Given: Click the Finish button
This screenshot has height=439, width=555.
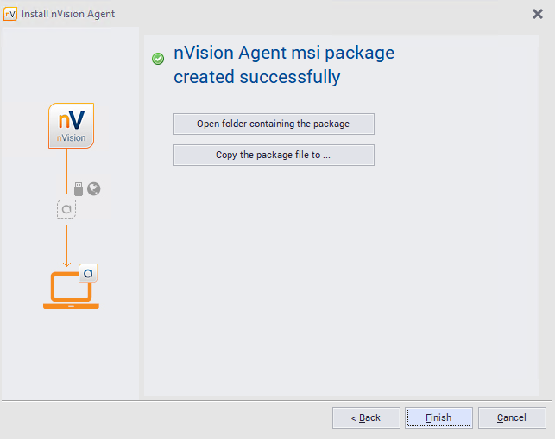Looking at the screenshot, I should [438, 417].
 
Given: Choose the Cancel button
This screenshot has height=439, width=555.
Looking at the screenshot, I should [512, 417].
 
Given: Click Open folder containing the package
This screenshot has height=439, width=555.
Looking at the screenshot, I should [274, 124].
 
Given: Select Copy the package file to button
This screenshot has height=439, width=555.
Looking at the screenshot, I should [274, 155].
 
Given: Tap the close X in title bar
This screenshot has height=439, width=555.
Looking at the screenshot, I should [538, 14].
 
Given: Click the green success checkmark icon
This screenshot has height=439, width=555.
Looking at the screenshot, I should [158, 59].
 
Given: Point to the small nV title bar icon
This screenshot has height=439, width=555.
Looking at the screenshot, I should [10, 14].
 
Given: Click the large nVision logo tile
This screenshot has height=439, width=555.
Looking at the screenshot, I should [71, 125].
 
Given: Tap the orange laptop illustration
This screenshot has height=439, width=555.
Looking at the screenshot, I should [70, 291].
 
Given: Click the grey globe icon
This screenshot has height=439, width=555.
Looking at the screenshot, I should [94, 188].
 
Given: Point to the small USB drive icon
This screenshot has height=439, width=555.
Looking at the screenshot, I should [79, 188].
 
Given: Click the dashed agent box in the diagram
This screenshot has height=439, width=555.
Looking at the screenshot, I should [66, 209].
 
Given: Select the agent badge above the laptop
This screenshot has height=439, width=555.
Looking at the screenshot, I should [89, 273].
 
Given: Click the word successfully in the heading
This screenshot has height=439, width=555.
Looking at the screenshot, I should [283, 77].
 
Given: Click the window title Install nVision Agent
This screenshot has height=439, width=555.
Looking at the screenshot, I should [68, 14].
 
